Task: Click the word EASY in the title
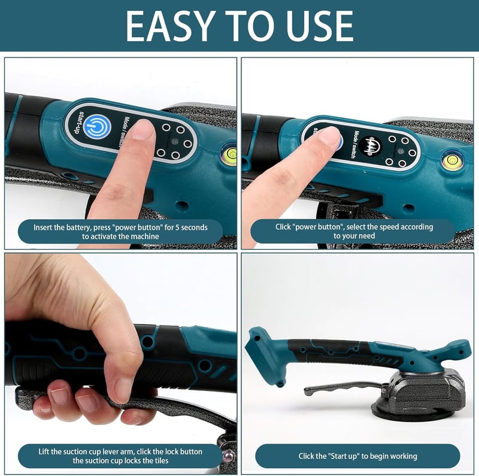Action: click(169, 26)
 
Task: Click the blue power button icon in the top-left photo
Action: click(98, 126)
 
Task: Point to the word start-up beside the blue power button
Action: click(77, 122)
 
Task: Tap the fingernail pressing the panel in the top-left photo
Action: click(143, 129)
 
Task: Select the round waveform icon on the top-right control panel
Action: click(371, 145)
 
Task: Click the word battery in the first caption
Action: click(79, 228)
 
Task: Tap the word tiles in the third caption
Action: click(160, 460)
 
